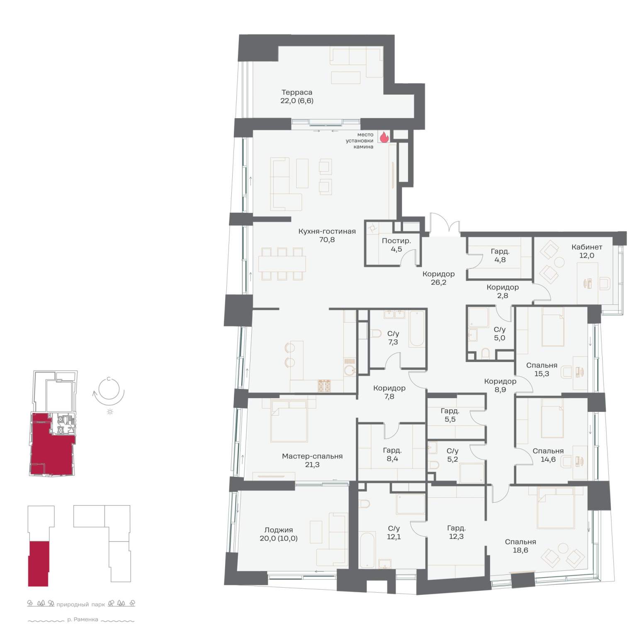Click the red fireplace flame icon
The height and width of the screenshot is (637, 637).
[384, 137]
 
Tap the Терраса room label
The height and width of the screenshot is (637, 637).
[297, 92]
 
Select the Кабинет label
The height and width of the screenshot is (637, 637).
[586, 247]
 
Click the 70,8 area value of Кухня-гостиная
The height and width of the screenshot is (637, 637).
[327, 240]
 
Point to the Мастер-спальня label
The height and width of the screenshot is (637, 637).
[312, 456]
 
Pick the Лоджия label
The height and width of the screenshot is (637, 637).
[279, 530]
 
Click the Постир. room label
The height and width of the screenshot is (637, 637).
[396, 241]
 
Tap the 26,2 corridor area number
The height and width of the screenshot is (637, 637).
[438, 282]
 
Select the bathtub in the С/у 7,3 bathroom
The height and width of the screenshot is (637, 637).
[417, 329]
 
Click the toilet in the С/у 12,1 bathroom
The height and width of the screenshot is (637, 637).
[364, 503]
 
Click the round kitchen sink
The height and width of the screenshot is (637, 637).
[350, 370]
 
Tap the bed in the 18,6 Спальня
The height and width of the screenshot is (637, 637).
[556, 508]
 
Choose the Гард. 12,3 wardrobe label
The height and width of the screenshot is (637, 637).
[456, 528]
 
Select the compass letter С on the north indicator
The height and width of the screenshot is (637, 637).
[109, 379]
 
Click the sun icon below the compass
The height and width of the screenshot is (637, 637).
[110, 411]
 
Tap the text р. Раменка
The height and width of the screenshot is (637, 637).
[83, 620]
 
